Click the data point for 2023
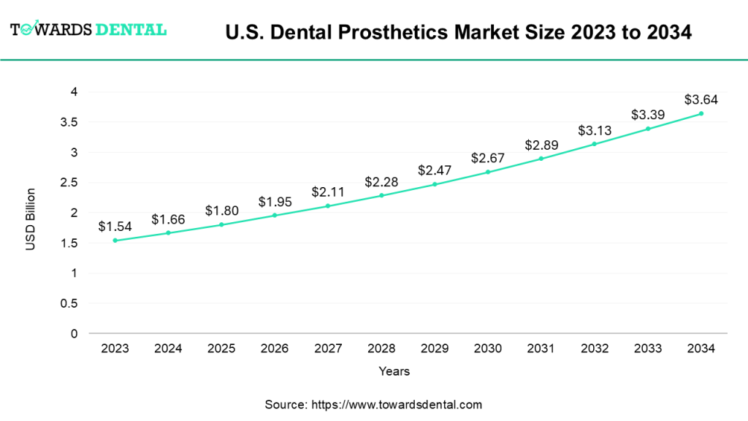pos(115,240)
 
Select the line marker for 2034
pos(701,113)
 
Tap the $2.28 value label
pos(381,181)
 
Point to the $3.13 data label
pos(595,129)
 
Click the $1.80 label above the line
pos(222,210)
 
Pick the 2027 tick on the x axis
pos(329,349)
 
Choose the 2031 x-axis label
pos(541,349)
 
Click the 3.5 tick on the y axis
pos(69,122)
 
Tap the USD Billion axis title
pos(31,219)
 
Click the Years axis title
pos(394,371)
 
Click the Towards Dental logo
pos(88,29)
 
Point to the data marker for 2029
pos(435,184)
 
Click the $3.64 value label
pos(701,99)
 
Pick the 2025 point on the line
pos(222,224)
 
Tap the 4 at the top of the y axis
pos(74,92)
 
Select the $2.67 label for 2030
pos(488,158)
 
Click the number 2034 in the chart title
pos(665,32)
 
